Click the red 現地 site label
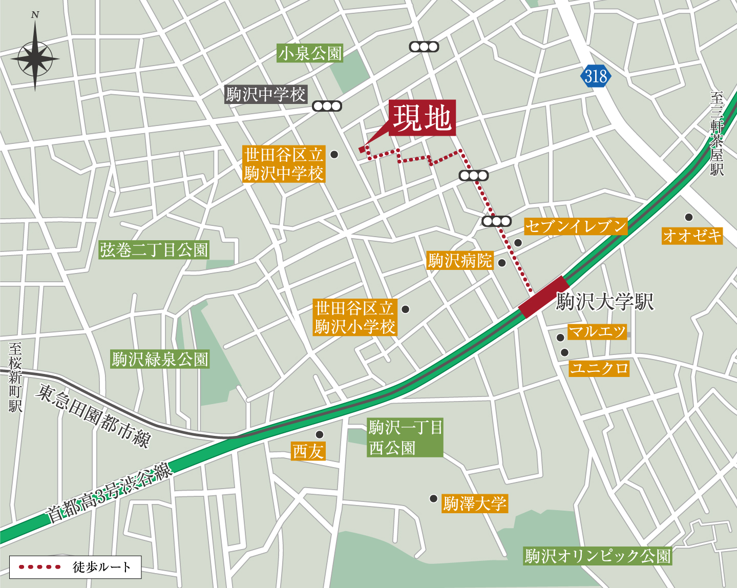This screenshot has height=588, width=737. pos(422,118)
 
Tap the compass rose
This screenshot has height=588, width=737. pos(35,58)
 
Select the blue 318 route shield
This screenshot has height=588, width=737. pos(596,76)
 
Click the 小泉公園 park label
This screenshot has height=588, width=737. pos(310,53)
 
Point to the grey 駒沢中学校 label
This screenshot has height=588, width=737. pos(266,94)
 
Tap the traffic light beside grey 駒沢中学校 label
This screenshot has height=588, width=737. pos(327,107)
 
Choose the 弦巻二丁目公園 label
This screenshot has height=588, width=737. pos(154,250)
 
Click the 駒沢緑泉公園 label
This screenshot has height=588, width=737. pos(160,359)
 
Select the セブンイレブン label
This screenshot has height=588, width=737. pos(576,226)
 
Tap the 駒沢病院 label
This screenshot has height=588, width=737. pos(460,261)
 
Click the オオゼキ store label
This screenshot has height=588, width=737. pos(692,236)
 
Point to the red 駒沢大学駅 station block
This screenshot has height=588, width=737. pos(544,297)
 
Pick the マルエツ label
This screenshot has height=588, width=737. pos(597,332)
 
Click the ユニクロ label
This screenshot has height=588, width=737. pos(599,368)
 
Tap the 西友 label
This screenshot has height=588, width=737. pos(308,451)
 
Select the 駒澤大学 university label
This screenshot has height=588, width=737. pos(475,503)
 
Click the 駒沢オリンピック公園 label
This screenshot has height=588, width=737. pos(598,556)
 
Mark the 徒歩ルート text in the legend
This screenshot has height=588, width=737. pos(101,567)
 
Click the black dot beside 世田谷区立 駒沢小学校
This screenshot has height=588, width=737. pos(405,309)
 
